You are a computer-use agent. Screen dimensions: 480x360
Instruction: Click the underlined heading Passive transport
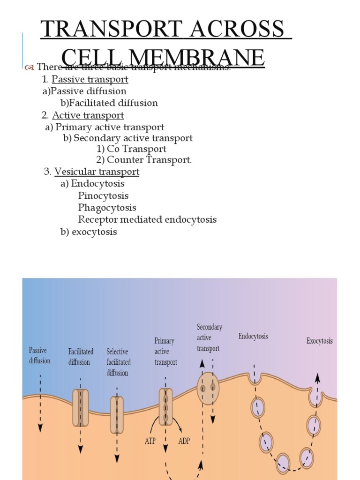90,80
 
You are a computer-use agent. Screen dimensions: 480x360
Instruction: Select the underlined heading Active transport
88,115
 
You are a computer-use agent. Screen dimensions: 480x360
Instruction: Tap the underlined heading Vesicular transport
97,172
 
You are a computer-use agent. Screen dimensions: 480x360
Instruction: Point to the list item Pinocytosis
103,195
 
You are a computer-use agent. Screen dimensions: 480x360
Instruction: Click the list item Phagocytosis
107,208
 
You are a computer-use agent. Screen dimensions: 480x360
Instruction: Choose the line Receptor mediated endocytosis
147,219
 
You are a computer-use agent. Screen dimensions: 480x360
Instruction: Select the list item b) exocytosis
89,232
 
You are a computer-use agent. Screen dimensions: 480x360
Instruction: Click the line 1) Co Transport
132,149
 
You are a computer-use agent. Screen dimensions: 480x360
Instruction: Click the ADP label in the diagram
184,441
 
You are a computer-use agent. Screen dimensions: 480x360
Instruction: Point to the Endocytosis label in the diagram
253,336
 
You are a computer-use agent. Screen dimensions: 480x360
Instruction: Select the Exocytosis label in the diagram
320,341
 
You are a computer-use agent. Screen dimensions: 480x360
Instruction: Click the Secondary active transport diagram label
209,337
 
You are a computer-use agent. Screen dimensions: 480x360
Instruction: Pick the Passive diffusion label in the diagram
40,355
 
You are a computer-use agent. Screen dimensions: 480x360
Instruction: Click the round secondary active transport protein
208,387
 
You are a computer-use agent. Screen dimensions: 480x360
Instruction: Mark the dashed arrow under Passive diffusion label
40,403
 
